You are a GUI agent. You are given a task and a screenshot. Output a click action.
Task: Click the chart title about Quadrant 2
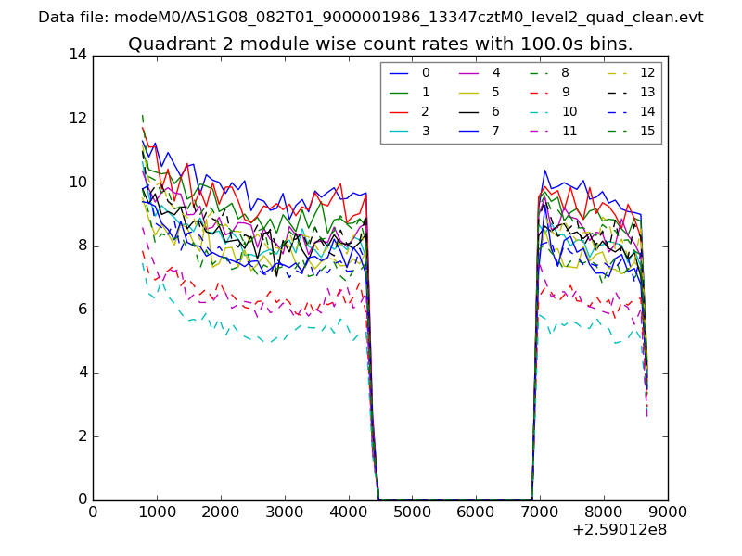tap(380, 44)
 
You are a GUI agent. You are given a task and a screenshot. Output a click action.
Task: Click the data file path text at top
tap(371, 18)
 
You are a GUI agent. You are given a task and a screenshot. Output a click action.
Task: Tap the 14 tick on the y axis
tap(78, 55)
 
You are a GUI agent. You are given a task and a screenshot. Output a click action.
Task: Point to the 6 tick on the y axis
tap(82, 310)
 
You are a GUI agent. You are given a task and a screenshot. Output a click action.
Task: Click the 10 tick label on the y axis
tap(78, 183)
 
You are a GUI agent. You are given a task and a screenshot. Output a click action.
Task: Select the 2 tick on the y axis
tap(82, 436)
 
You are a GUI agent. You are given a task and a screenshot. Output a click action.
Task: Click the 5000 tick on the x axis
tap(412, 511)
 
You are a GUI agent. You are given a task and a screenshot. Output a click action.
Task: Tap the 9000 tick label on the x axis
tap(667, 511)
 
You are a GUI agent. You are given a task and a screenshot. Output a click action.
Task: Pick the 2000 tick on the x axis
tap(221, 511)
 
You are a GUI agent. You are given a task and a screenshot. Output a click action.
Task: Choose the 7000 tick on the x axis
tap(540, 511)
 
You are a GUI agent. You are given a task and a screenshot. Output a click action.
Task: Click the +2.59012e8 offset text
tap(620, 530)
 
